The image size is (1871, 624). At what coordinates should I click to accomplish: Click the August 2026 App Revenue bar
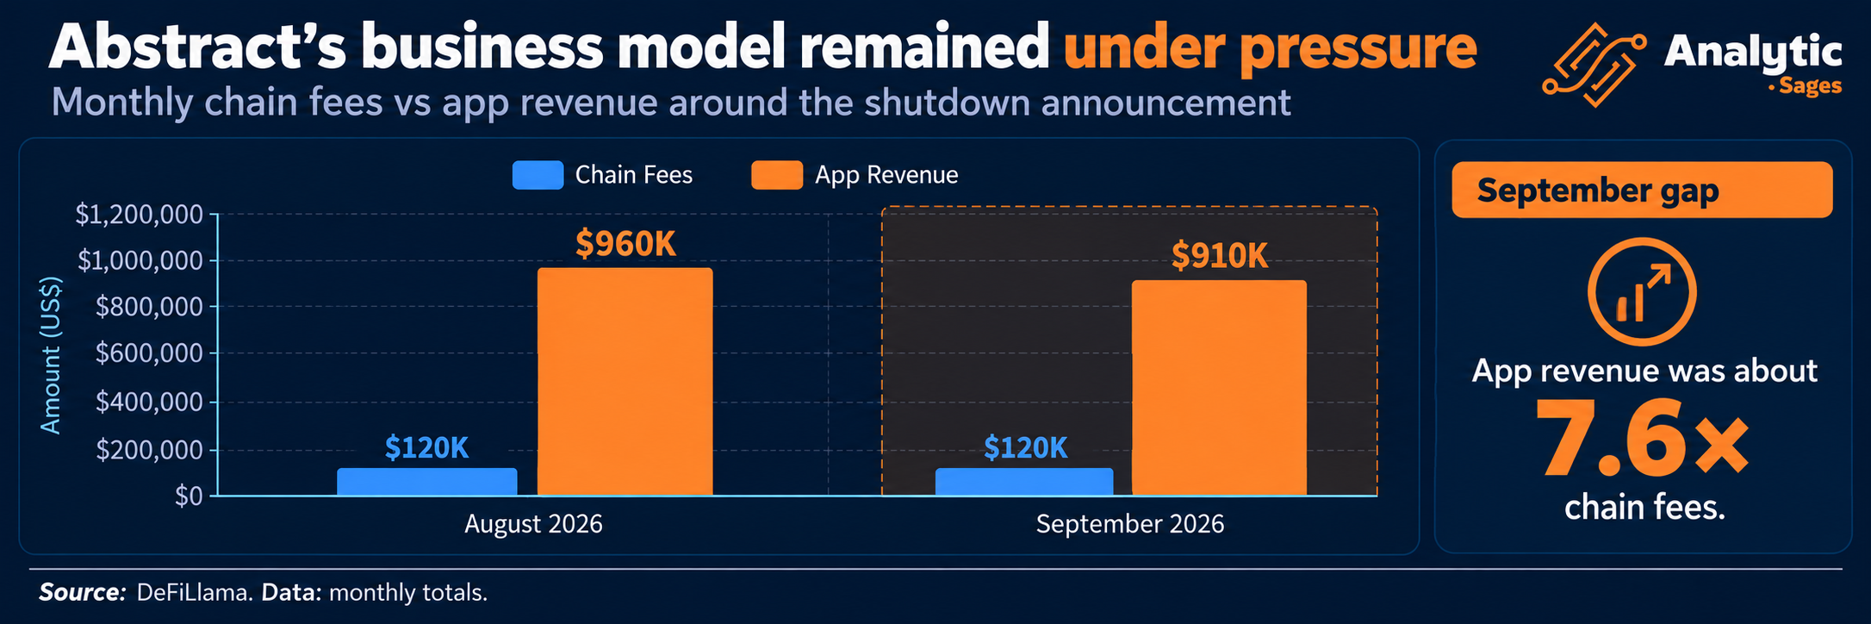click(x=625, y=382)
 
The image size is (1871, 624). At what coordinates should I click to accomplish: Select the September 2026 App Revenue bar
click(x=1219, y=388)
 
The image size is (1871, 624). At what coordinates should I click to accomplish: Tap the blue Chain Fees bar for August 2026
click(x=427, y=482)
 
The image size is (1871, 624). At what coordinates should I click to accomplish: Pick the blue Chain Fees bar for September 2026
click(x=1024, y=482)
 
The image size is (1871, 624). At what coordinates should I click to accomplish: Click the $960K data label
click(x=625, y=244)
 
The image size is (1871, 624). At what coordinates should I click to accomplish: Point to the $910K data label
click(x=1220, y=256)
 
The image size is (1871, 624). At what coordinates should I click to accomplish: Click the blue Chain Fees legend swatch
click(x=538, y=175)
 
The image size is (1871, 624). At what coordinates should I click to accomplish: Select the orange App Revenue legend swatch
click(x=777, y=175)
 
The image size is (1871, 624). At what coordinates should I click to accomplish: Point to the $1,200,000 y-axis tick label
click(x=140, y=215)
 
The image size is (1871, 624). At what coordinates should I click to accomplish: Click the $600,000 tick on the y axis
click(x=150, y=353)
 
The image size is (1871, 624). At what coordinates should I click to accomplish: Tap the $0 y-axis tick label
click(x=189, y=496)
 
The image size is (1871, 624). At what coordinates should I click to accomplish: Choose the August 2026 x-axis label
click(x=533, y=524)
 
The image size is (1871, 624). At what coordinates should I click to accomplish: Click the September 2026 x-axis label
click(x=1130, y=524)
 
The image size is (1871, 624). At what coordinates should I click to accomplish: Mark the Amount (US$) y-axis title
click(x=52, y=355)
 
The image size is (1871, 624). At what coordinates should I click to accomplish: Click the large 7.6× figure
click(x=1643, y=437)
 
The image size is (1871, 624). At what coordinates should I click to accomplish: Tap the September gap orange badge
click(x=1642, y=190)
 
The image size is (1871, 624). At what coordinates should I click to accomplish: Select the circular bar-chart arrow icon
click(x=1642, y=292)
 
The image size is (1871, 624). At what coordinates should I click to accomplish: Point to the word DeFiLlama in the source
click(x=195, y=593)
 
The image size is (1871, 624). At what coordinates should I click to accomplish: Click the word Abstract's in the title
click(x=197, y=48)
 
